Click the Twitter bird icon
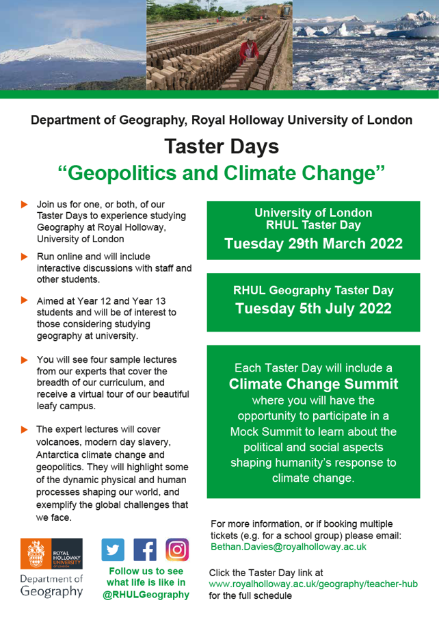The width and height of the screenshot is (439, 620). [114, 550]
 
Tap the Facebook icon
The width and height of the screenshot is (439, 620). [145, 550]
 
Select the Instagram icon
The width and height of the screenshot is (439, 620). [176, 550]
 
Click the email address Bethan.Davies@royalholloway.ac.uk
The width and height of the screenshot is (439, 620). [289, 547]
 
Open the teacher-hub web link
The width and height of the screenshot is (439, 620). [312, 584]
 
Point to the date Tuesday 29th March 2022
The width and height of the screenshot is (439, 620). [313, 244]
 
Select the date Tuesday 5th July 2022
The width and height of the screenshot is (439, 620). [313, 308]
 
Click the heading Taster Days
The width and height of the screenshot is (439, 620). [221, 146]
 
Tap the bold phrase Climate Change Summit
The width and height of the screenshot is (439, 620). [313, 383]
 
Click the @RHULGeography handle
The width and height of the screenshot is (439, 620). [146, 595]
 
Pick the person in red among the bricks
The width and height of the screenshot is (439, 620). [249, 50]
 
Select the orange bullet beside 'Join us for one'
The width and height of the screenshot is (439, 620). [25, 205]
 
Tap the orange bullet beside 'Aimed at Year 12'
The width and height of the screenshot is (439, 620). [25, 300]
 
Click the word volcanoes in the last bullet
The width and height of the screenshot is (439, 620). [60, 442]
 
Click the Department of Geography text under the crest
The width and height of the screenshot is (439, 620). [51, 586]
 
